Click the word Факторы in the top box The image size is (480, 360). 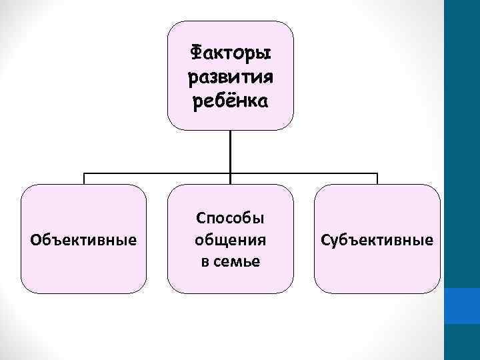pos(231,52)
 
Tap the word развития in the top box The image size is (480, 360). pos(231,77)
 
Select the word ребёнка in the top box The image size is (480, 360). pos(231,101)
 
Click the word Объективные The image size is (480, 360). pos(84,239)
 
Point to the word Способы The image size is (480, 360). pos(230,218)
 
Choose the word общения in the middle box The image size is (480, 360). pos(230,239)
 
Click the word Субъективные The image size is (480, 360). pos(377,239)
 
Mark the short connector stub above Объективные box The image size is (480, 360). pos(84,179)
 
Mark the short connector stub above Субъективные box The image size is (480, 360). pos(377,179)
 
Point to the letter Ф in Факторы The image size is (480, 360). pos(197,52)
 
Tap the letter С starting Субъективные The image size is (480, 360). pos(325,239)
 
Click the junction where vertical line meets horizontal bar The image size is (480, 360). pos(231,174)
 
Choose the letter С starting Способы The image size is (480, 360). pos(200,218)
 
